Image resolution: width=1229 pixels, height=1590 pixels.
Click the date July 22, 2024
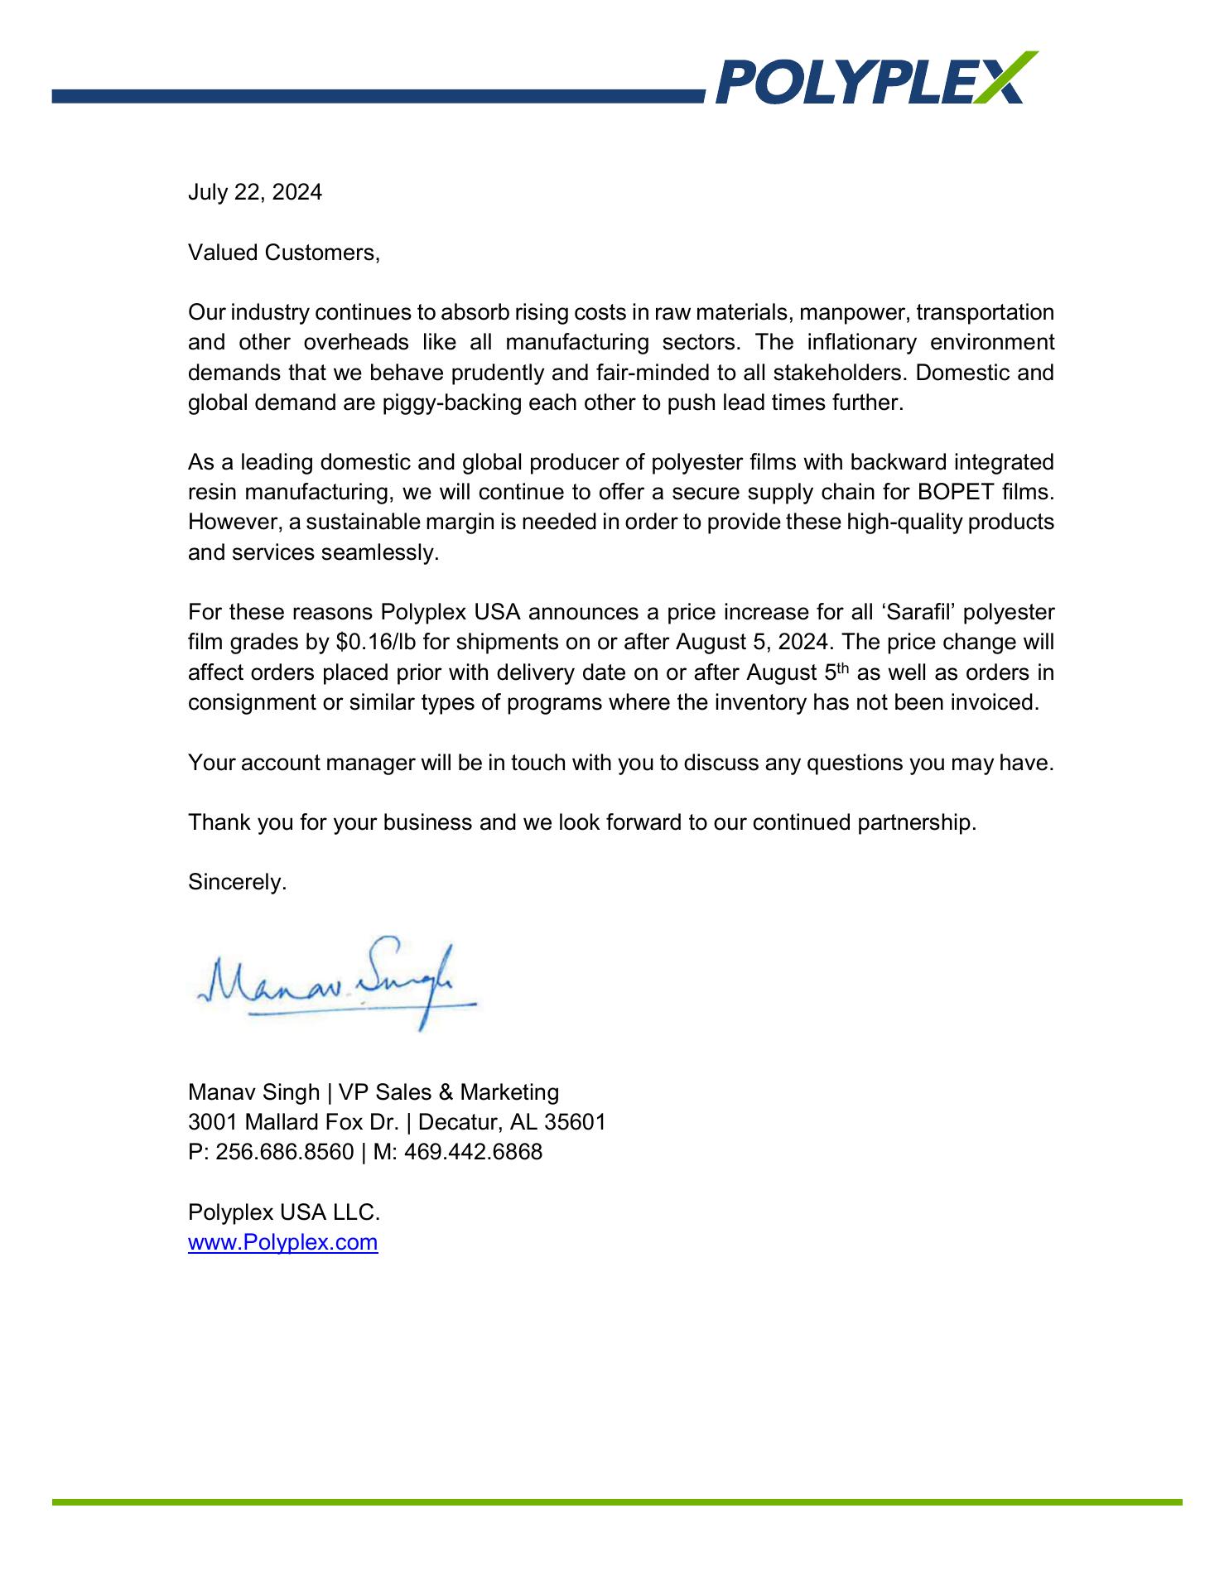pos(254,193)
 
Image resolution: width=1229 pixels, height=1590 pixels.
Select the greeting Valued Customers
pos(283,253)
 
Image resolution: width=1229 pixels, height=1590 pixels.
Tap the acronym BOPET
pos(956,493)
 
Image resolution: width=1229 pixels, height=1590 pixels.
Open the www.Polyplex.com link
pos(282,1242)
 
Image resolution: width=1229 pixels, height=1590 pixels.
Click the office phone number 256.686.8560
pos(285,1152)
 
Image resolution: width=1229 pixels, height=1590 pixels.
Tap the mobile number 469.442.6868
pos(473,1152)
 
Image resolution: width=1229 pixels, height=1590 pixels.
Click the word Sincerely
pos(237,883)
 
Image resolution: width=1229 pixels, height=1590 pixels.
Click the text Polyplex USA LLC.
pos(284,1212)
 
